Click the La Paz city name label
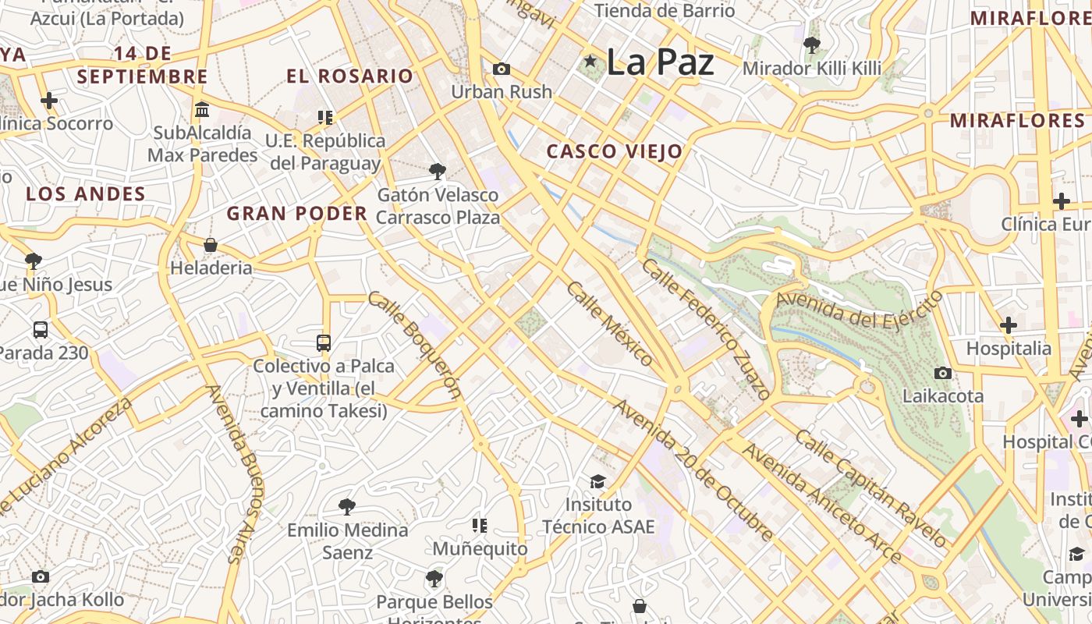[659, 62]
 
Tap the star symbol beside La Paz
[590, 61]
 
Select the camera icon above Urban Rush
[502, 69]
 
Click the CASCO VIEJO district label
[615, 151]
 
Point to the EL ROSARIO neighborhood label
[349, 76]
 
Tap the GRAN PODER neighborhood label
[296, 213]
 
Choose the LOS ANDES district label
[86, 193]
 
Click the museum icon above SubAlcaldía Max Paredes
[202, 109]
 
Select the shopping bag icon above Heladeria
[211, 245]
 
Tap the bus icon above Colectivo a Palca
[324, 342]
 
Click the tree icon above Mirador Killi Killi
[811, 45]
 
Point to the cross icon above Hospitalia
[1009, 324]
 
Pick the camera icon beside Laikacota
[943, 373]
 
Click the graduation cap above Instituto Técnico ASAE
[597, 481]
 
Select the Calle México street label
[609, 324]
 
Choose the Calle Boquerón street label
[414, 344]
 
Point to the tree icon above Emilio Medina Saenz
[347, 507]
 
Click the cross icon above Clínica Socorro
[49, 101]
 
